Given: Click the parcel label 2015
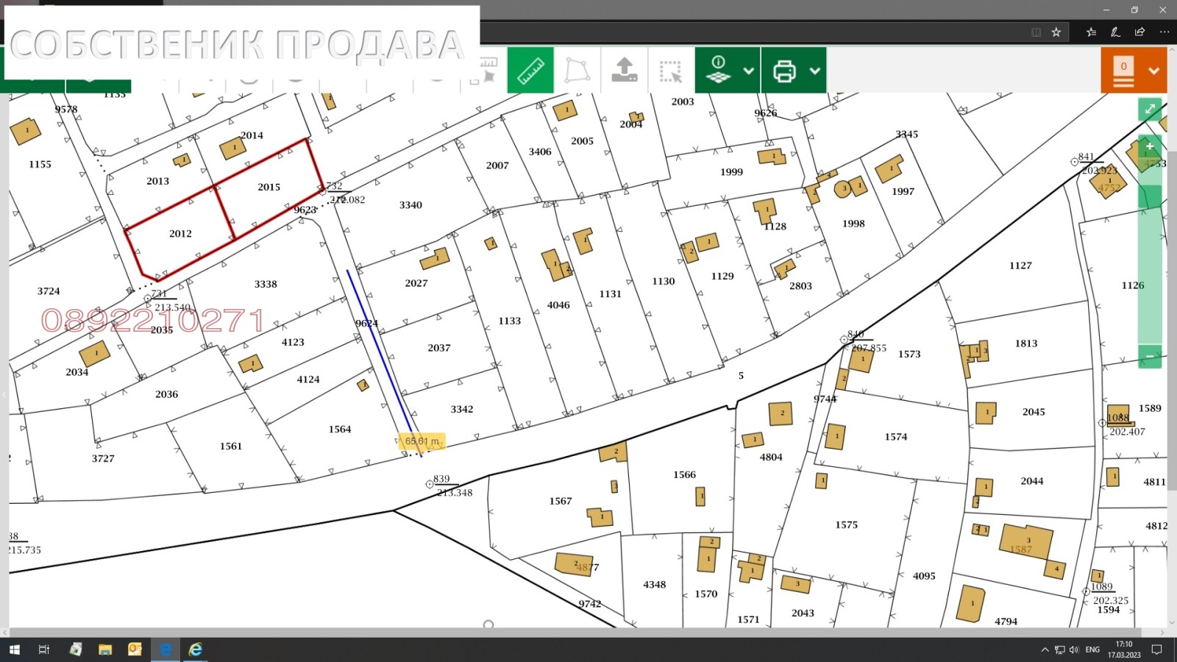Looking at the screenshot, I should pos(269,188).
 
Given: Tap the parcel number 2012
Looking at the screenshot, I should pos(180,234).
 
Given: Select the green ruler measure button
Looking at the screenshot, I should pos(530,71).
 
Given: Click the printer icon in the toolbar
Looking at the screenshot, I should pos(784,71).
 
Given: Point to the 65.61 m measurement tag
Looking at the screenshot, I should pos(422,441).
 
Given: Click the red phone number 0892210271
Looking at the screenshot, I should pos(153,321).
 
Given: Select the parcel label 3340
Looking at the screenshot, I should pos(410,205).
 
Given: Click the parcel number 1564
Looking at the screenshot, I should pos(340,430).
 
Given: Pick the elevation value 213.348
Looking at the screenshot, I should pos(455,493).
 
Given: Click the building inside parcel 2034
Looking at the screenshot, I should pos(95,353).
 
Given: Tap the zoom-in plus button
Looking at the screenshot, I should pos(1150,146).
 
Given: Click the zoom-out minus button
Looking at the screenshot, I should pos(1150,357).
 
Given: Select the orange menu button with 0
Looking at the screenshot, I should pos(1133,71).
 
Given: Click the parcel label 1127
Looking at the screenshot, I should pos(1020,266).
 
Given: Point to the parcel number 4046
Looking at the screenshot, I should pos(558,305).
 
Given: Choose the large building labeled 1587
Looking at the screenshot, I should pos(1025,543).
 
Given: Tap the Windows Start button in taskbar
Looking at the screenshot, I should pos(15,649).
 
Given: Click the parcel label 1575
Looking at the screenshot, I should pos(846,525).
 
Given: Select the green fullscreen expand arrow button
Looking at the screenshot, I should pos(1150,110).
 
